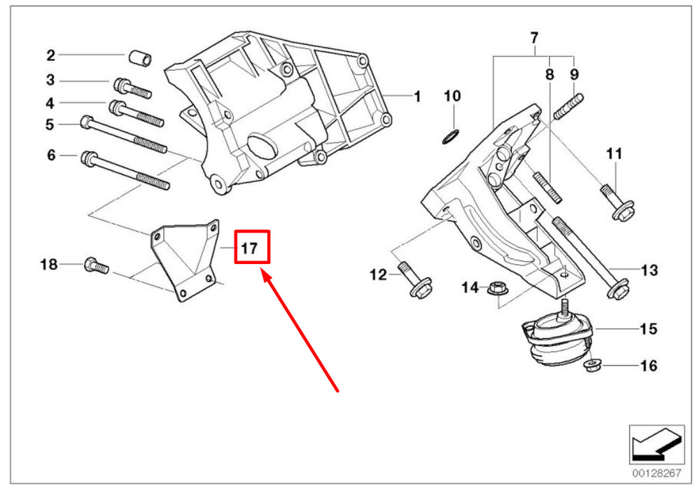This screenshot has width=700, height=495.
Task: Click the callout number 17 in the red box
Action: click(249, 248)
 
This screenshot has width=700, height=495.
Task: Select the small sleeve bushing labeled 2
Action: click(140, 58)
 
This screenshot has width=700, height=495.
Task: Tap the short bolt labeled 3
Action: click(132, 88)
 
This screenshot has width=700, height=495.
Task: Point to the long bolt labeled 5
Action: click(124, 135)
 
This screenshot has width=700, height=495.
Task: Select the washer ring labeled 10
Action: click(450, 137)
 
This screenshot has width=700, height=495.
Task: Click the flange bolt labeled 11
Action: click(617, 203)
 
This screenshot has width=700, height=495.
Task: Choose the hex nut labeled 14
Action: click(496, 288)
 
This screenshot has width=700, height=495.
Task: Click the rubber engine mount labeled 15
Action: click(559, 338)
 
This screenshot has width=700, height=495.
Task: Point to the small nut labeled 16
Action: click(593, 366)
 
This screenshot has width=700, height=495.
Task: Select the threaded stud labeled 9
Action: click(568, 106)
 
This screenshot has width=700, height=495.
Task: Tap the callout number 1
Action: click(417, 97)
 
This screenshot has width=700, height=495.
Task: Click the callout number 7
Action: click(534, 38)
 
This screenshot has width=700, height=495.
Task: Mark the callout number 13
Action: click(649, 270)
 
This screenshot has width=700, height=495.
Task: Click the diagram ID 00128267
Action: click(657, 473)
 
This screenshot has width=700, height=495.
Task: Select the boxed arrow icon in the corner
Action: click(657, 445)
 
